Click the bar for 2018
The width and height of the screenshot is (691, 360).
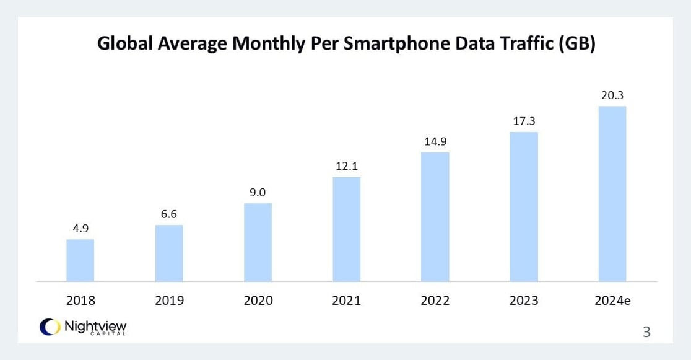coord(80,260)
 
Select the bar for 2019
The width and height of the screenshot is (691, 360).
coord(169,253)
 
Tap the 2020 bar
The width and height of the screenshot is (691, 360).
coord(258,242)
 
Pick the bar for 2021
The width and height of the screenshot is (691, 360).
coord(347,229)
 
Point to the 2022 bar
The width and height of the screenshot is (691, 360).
coord(435,217)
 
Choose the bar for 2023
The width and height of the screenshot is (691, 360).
coord(524,207)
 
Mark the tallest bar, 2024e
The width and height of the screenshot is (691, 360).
coord(612,194)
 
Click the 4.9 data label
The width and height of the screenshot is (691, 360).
coord(80,229)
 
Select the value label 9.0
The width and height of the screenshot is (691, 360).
coord(258,193)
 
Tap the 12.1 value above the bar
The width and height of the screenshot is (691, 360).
coord(347,166)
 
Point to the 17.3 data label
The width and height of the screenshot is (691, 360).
coord(524,121)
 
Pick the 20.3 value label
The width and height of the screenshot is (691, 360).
coord(612,95)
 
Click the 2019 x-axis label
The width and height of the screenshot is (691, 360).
coord(169,301)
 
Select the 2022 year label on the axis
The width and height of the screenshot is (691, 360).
coord(435,301)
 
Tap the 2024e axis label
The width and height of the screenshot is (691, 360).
coord(612,301)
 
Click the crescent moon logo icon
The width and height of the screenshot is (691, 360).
coord(49,327)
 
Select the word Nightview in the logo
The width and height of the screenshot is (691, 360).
coord(95,325)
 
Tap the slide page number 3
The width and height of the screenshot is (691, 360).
coord(646,332)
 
